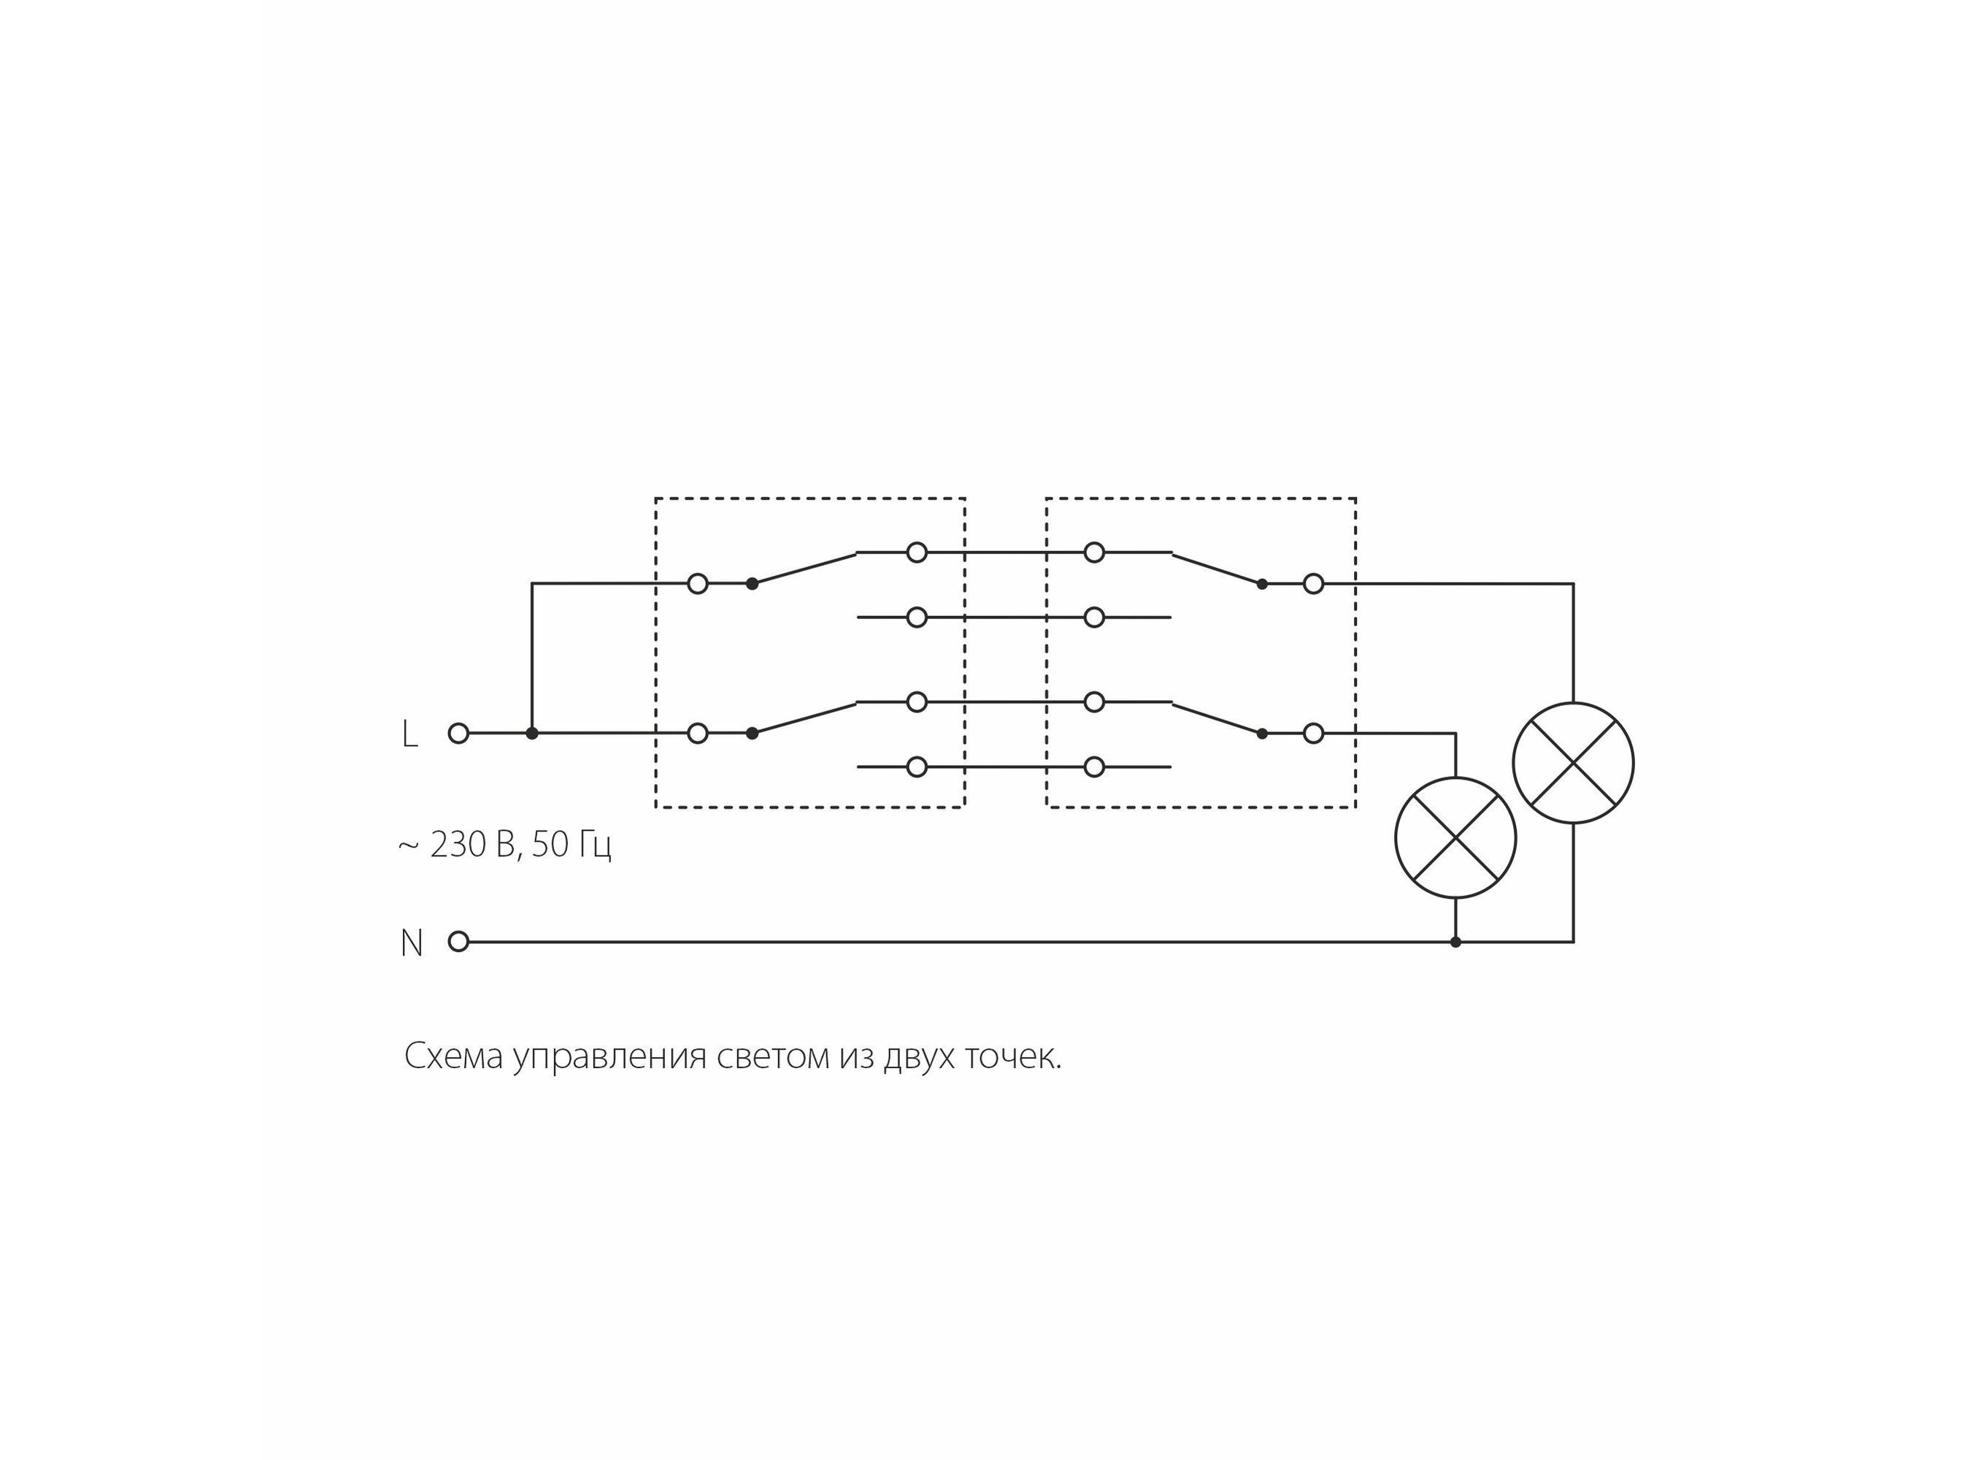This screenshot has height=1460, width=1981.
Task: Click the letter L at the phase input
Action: [x=409, y=734]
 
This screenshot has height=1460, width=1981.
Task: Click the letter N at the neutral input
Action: [x=411, y=943]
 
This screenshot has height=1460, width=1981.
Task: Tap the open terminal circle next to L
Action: [x=458, y=733]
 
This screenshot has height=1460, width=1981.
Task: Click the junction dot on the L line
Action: [x=532, y=733]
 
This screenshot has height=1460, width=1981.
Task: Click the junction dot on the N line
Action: [x=1455, y=942]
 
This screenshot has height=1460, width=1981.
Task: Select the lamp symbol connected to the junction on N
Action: [x=1455, y=838]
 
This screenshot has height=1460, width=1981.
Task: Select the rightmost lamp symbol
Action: [x=1573, y=763]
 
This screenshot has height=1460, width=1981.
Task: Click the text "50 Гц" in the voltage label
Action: [x=572, y=845]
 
